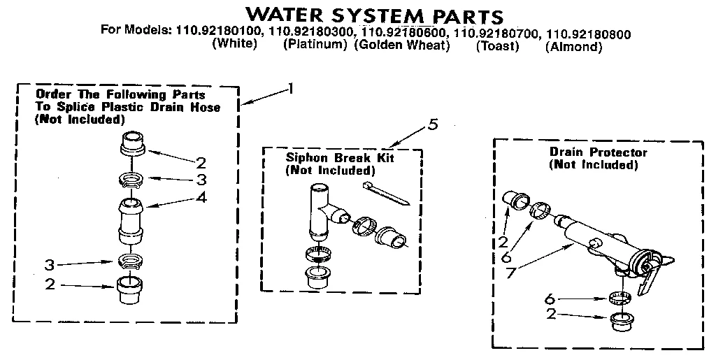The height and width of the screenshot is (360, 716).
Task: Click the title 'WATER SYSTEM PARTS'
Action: coord(375,15)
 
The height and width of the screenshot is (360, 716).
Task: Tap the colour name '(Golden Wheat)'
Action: coord(401,46)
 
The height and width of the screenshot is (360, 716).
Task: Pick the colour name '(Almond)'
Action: coord(573,47)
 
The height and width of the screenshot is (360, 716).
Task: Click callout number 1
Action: coord(291,88)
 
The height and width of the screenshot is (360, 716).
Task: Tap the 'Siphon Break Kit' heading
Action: coord(340,158)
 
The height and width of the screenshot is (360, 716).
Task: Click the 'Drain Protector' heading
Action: coord(598,152)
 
